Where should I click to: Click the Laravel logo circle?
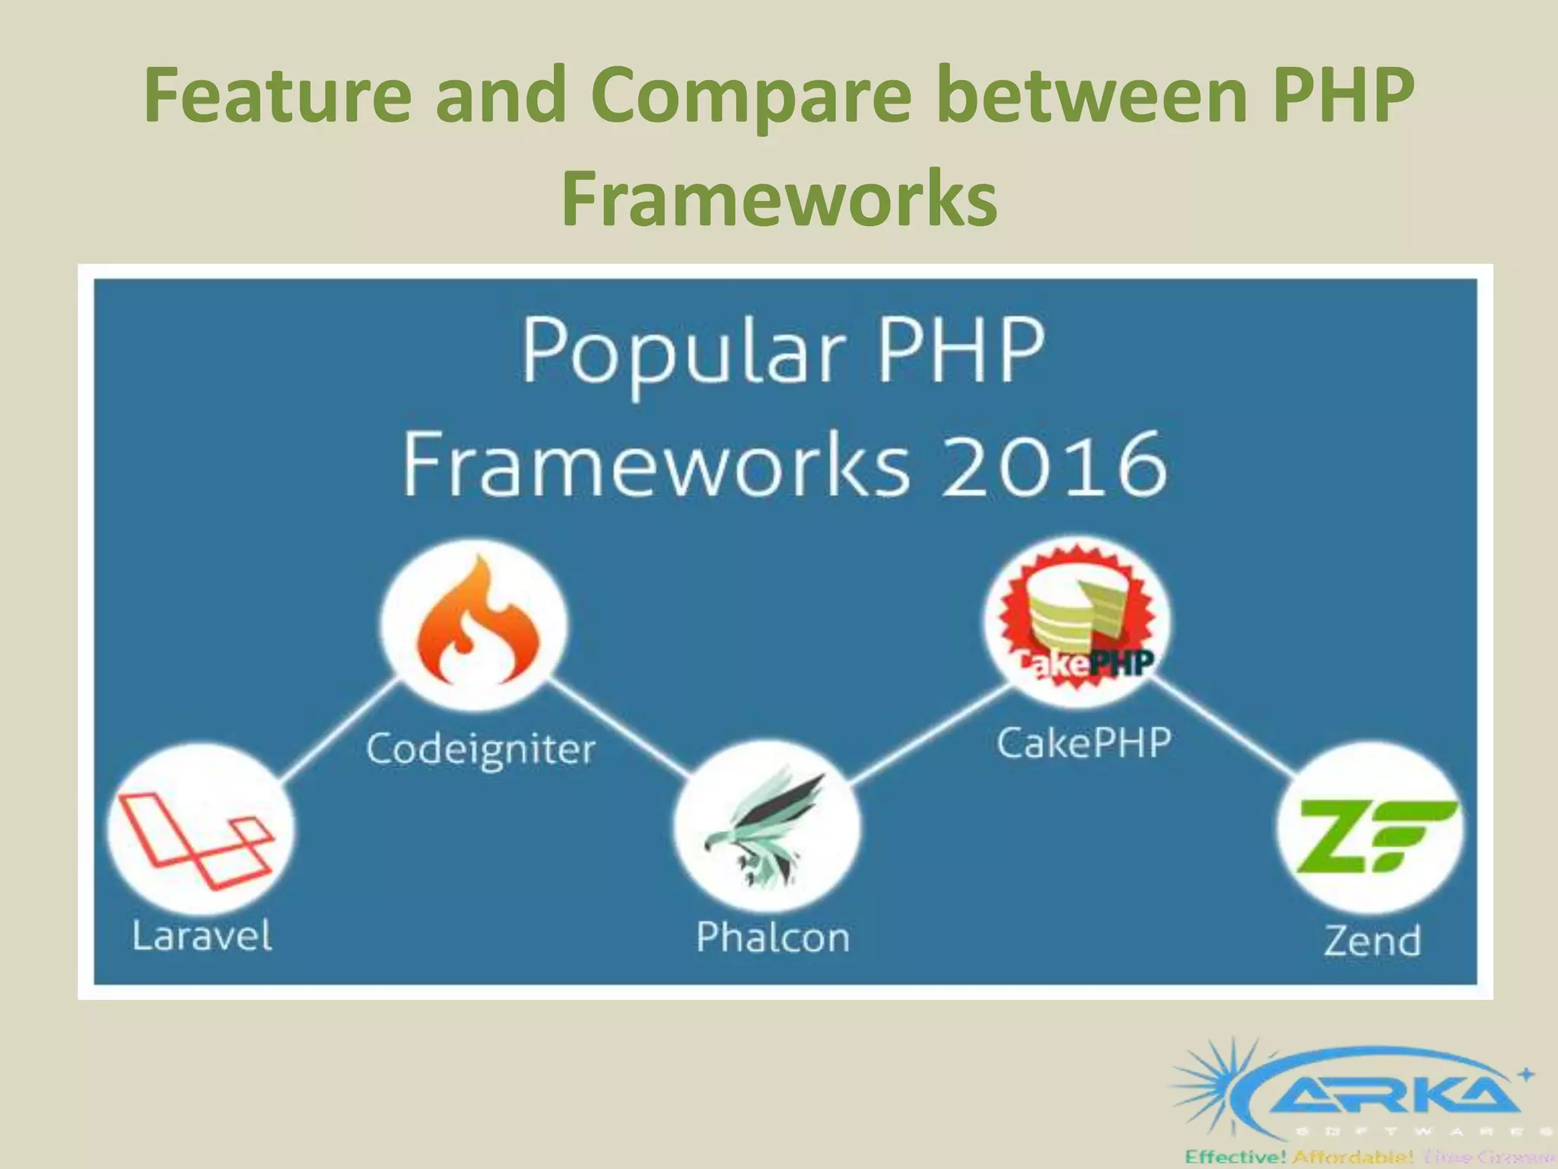tap(201, 830)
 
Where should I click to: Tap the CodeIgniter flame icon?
tap(475, 624)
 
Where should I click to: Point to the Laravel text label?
tap(202, 935)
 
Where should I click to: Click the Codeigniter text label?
tap(481, 749)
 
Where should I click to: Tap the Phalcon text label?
tap(773, 937)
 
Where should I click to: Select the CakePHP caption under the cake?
tap(1083, 743)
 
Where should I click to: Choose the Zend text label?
tap(1372, 941)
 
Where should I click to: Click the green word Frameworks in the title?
tap(779, 198)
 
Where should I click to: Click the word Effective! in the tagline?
tap(1235, 1158)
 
